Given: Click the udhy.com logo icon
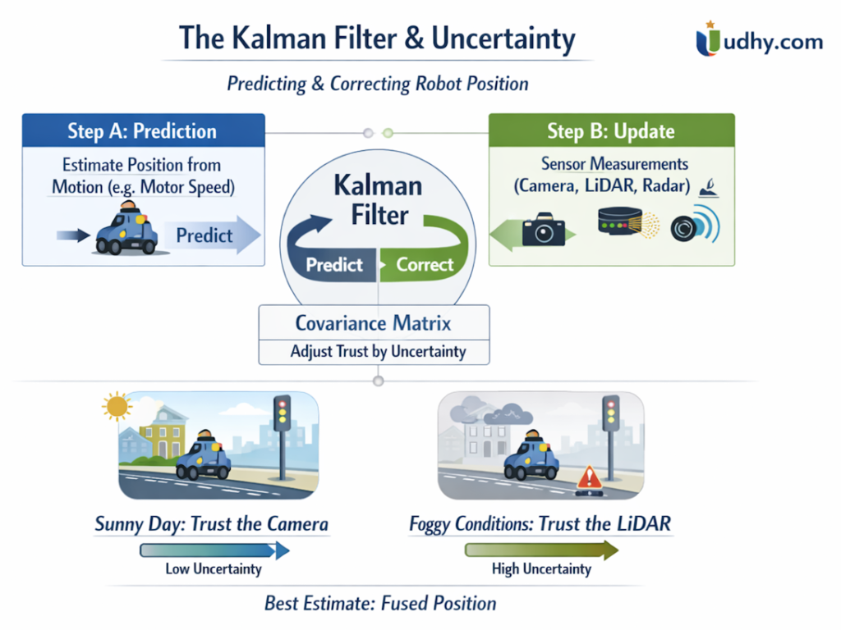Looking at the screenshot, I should point(709,40).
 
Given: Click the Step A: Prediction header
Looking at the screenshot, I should point(143,131).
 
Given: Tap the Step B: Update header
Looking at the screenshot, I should point(611,131).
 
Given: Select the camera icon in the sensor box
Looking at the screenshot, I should point(543,229).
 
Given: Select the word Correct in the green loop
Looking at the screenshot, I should point(425,264).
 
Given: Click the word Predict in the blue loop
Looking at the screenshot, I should point(334,264).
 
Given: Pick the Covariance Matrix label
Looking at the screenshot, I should point(374,322).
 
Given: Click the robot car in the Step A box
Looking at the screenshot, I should point(128,230).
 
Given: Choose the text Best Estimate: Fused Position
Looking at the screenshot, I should point(380,604).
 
